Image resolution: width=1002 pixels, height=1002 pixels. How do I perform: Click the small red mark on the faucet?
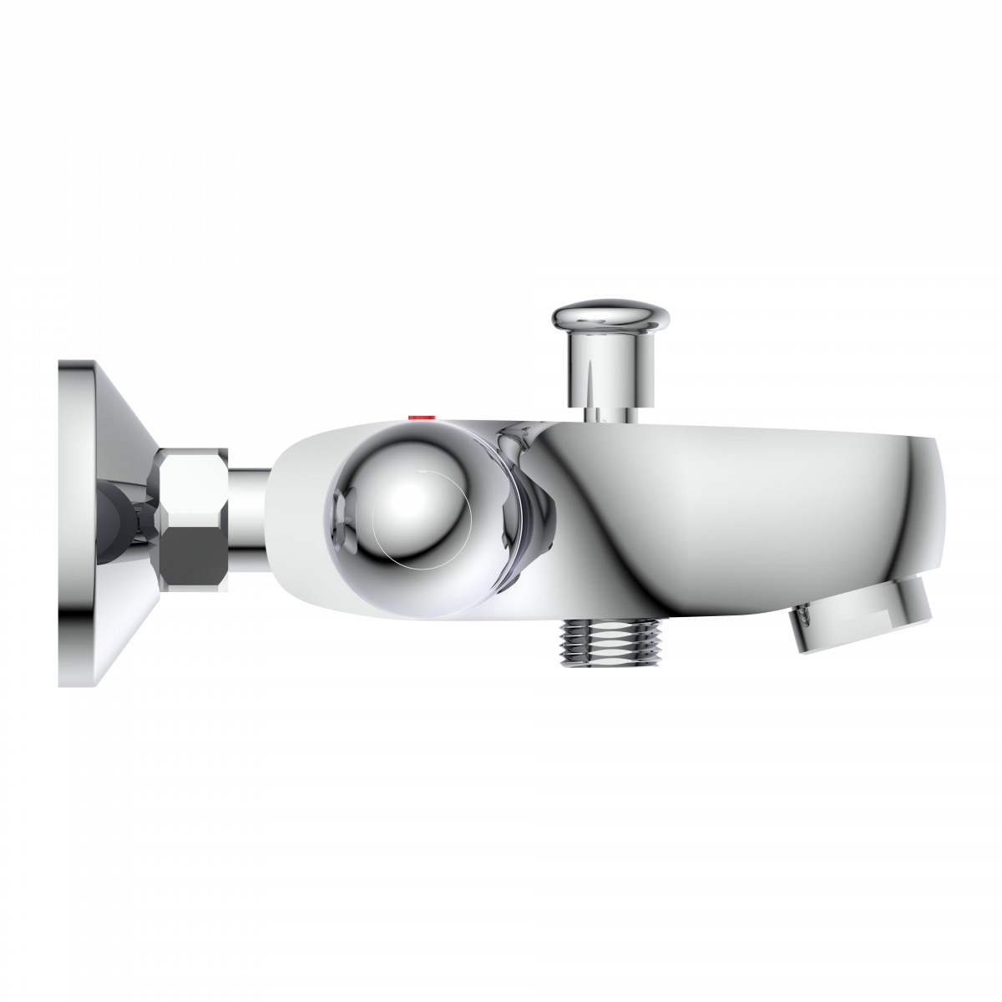point(416,415)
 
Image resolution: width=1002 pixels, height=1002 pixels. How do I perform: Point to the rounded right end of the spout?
point(939,501)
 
